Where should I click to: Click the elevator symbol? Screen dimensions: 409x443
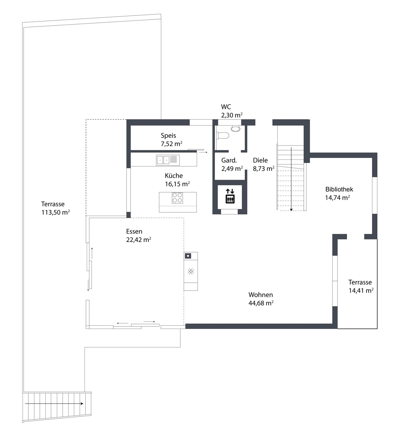(x=230, y=196)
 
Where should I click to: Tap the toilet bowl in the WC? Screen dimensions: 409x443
(x=223, y=135)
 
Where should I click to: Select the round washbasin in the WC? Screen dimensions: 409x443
(x=236, y=128)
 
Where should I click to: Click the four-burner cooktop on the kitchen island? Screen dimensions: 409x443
(x=177, y=198)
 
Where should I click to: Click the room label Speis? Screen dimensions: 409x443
(x=168, y=135)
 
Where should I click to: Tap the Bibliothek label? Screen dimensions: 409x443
(x=339, y=189)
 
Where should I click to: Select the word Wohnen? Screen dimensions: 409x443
(x=260, y=295)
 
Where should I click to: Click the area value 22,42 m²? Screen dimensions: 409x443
(x=138, y=240)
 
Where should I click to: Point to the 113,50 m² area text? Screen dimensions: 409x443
(x=55, y=212)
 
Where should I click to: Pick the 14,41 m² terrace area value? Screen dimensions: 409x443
(x=361, y=291)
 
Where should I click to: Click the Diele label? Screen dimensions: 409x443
(x=260, y=160)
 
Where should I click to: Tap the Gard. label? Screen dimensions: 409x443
(x=229, y=160)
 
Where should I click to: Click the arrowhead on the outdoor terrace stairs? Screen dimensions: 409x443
(x=82, y=403)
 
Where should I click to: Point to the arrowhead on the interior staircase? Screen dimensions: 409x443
(x=291, y=209)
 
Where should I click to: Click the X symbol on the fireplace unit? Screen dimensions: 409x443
(x=190, y=271)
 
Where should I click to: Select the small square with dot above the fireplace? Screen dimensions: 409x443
(x=188, y=256)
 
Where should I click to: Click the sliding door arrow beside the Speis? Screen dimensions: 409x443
(x=203, y=152)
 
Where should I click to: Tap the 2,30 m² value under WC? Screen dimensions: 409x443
(x=231, y=115)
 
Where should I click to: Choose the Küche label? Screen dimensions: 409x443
(x=173, y=176)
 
